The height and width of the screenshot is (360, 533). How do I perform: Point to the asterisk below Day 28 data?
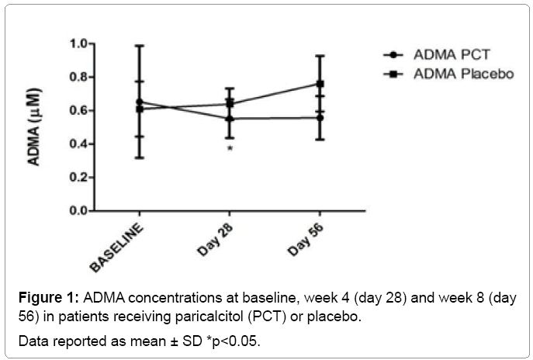pyautogui.click(x=230, y=148)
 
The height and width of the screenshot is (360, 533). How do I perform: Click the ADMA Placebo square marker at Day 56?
pyautogui.click(x=320, y=84)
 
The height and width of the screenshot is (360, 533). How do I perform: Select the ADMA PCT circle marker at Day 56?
pyautogui.click(x=320, y=117)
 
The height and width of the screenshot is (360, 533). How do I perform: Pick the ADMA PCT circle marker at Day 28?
pyautogui.click(x=230, y=119)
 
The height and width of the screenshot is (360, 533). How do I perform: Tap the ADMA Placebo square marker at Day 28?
pyautogui.click(x=230, y=102)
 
